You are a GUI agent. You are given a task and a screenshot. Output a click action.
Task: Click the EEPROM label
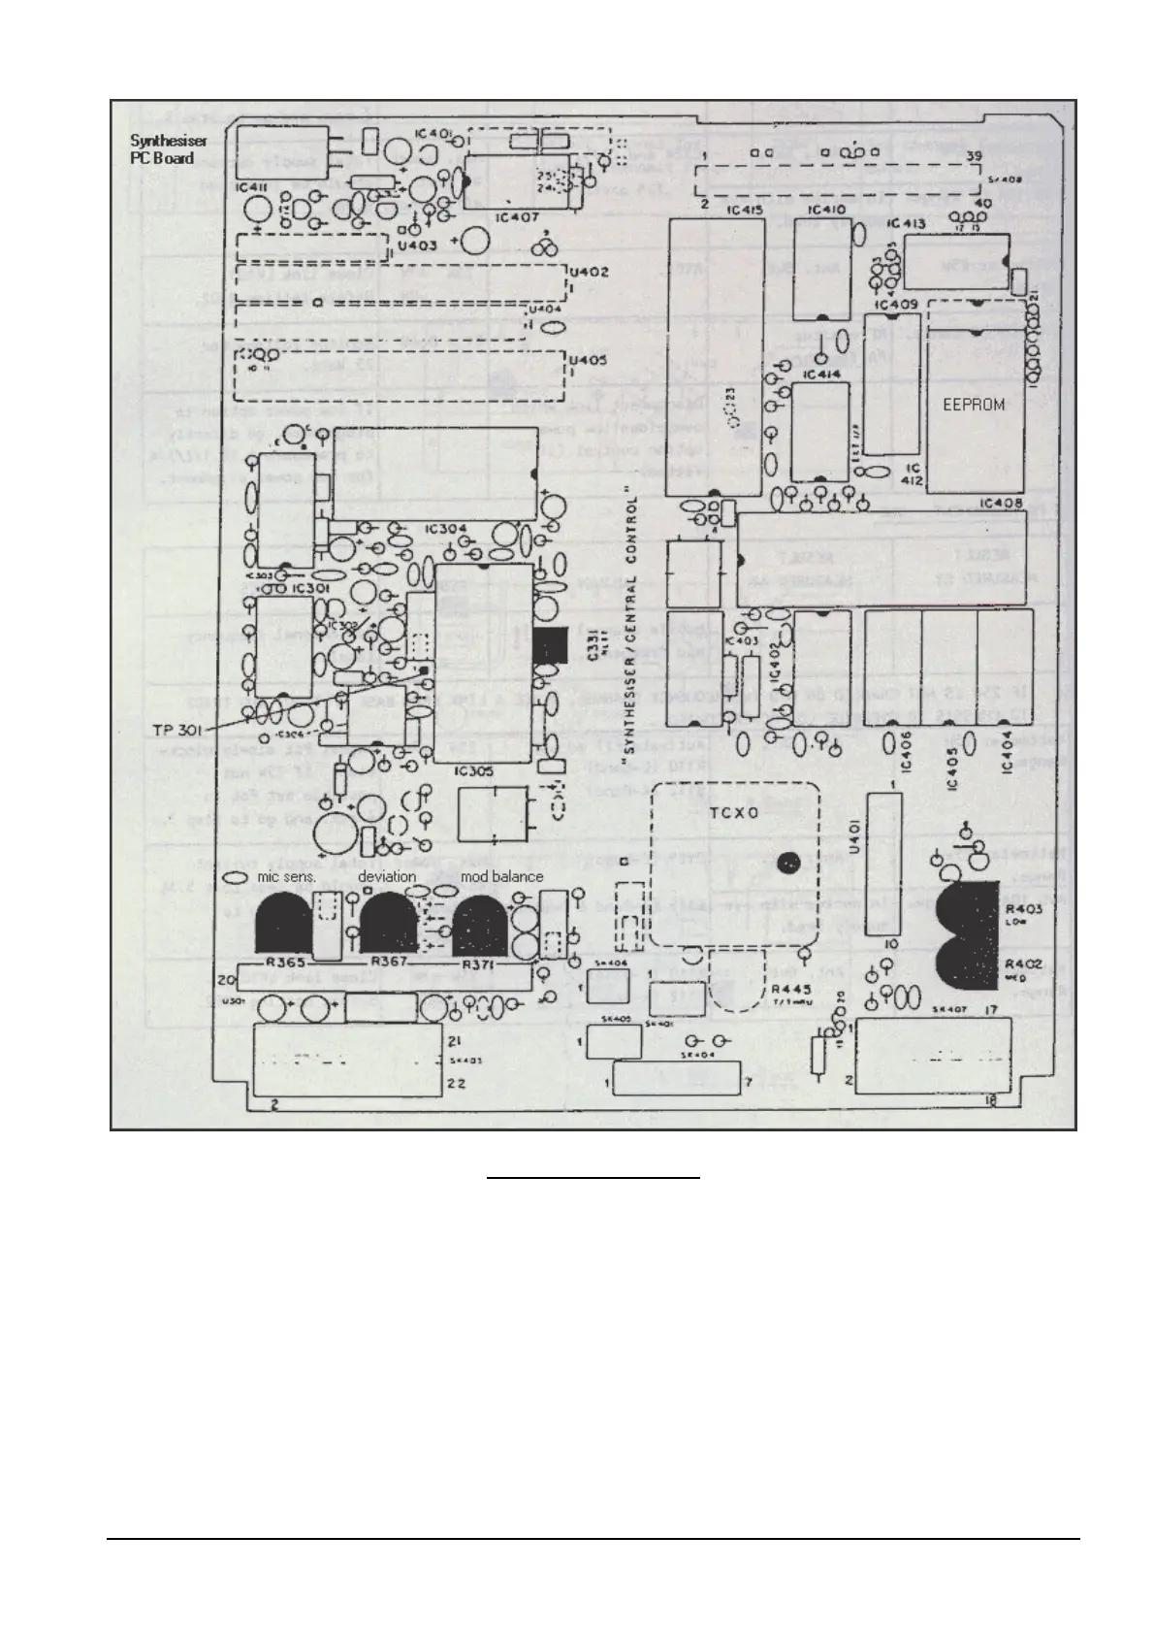point(974,405)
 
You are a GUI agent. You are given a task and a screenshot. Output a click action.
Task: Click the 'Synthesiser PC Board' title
point(168,149)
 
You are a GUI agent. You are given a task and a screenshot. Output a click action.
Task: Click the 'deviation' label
point(387,876)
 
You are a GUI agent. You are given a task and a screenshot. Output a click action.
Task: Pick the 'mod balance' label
point(501,876)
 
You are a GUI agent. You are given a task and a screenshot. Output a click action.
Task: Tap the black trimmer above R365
point(283,923)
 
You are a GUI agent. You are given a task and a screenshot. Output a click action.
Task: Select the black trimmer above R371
point(480,923)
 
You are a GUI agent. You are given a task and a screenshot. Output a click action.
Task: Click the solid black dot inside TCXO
point(790,860)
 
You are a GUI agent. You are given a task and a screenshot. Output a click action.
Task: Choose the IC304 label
point(446,528)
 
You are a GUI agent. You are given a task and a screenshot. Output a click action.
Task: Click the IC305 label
point(473,772)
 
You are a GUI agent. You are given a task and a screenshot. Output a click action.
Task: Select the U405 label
point(589,362)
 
